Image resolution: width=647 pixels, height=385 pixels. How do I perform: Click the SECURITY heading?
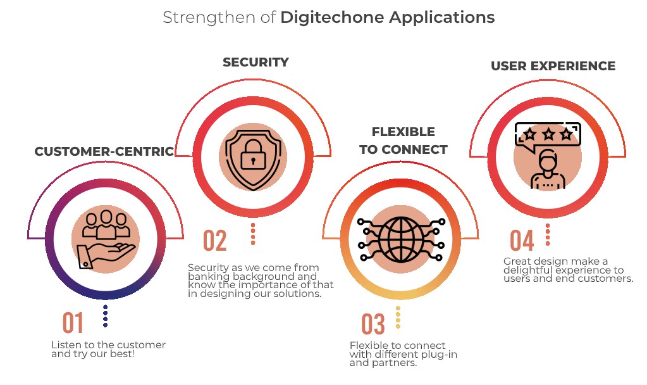(256, 62)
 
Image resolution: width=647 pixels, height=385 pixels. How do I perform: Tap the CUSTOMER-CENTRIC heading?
(104, 151)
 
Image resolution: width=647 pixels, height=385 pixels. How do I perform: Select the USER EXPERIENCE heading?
(553, 66)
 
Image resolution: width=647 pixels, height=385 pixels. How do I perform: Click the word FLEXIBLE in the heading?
(403, 132)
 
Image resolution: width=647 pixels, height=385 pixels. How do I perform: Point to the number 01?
(73, 323)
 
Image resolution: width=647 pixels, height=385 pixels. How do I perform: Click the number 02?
(215, 241)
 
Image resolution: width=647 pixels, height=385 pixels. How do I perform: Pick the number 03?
(373, 324)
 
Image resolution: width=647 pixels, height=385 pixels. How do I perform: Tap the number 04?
(522, 241)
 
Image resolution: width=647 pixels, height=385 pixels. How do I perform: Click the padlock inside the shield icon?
(253, 155)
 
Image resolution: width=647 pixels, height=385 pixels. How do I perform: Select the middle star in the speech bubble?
(548, 134)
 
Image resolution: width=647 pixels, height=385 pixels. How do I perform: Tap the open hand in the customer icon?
(106, 256)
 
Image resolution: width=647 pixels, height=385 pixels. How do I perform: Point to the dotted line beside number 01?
(105, 316)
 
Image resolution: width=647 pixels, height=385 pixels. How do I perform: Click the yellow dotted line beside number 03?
(398, 317)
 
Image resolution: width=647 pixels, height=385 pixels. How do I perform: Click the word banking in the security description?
(208, 277)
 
